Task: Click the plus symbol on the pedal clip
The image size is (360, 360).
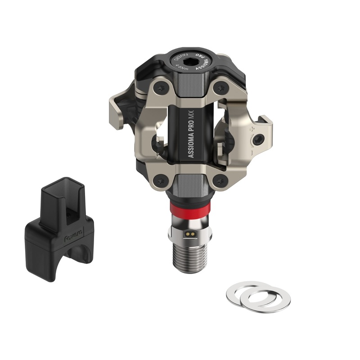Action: point(253,129)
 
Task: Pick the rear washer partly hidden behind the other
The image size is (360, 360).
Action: point(243,288)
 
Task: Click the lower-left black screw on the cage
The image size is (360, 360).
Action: point(161,180)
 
